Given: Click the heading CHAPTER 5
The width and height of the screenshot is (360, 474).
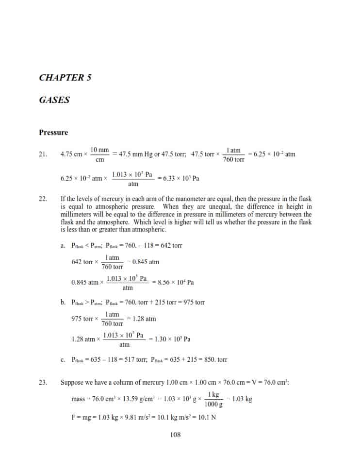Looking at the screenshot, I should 65,78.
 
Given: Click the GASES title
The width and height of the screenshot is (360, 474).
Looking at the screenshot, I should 54,100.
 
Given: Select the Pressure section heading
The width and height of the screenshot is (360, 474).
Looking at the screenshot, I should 53,133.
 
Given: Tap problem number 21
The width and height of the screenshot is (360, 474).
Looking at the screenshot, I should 43,154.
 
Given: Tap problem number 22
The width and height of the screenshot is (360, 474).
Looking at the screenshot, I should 43,199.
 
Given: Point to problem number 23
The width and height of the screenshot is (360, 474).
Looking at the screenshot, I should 43,382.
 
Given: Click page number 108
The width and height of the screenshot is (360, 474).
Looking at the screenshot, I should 176,435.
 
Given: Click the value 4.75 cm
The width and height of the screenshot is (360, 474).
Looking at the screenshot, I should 71,154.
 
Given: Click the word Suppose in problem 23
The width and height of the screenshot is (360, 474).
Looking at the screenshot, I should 72,382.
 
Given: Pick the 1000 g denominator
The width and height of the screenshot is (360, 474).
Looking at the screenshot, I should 212,404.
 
